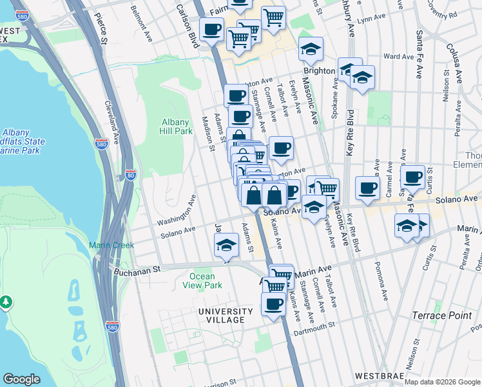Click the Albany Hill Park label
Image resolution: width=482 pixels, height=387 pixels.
[x=176, y=126]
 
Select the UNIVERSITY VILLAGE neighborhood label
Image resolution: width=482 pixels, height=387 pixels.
[x=221, y=315]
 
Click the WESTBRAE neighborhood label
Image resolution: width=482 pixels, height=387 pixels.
[x=383, y=375]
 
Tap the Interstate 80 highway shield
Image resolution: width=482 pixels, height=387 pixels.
[x=131, y=174]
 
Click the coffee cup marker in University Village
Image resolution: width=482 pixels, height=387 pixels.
[x=273, y=303]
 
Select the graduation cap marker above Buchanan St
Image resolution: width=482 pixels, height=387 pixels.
[x=227, y=245]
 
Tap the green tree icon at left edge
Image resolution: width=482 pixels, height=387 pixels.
[x=6, y=301]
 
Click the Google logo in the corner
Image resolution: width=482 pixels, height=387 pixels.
[x=21, y=379]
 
